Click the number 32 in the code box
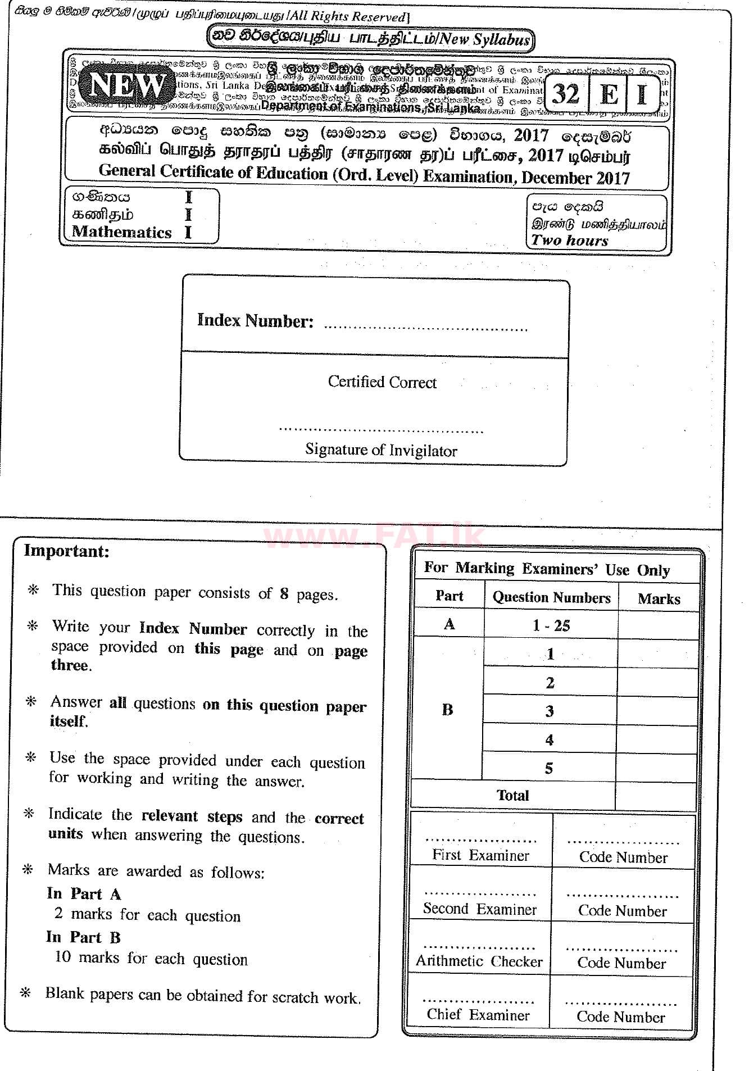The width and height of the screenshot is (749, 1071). (565, 94)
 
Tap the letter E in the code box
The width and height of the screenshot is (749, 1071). (609, 94)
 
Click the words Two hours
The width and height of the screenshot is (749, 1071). (570, 240)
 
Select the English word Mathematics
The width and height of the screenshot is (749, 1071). (121, 232)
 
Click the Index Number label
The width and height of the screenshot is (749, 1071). (255, 320)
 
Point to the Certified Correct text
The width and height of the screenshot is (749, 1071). (382, 382)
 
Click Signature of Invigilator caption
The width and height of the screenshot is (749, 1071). (381, 450)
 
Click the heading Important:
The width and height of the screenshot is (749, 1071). (67, 551)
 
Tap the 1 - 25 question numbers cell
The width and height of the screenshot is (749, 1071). (551, 625)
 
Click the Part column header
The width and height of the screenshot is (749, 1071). (449, 596)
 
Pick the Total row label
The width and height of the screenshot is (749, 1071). (512, 795)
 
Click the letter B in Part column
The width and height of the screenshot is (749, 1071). (447, 710)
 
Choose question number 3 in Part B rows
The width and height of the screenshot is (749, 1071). (550, 711)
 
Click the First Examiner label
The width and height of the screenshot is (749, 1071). (480, 855)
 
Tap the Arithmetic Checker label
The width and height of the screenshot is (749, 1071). (479, 961)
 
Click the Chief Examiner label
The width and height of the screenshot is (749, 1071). (478, 1014)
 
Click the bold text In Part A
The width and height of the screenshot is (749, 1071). (84, 894)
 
